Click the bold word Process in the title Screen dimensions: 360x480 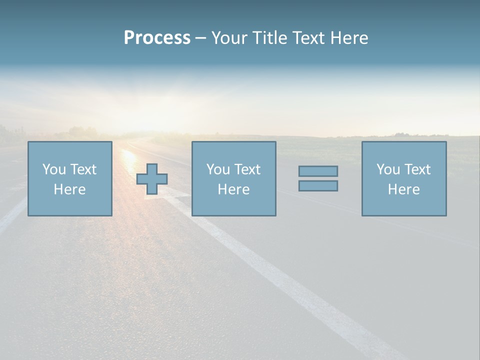[157, 38]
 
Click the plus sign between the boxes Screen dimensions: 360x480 [152, 179]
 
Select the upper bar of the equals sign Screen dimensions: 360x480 [318, 171]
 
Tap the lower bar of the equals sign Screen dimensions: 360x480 [318, 185]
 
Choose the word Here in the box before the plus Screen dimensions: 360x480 [69, 189]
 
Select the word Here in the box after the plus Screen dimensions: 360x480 [233, 189]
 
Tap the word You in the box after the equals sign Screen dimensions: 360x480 [388, 169]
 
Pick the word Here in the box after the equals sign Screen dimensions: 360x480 [403, 189]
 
